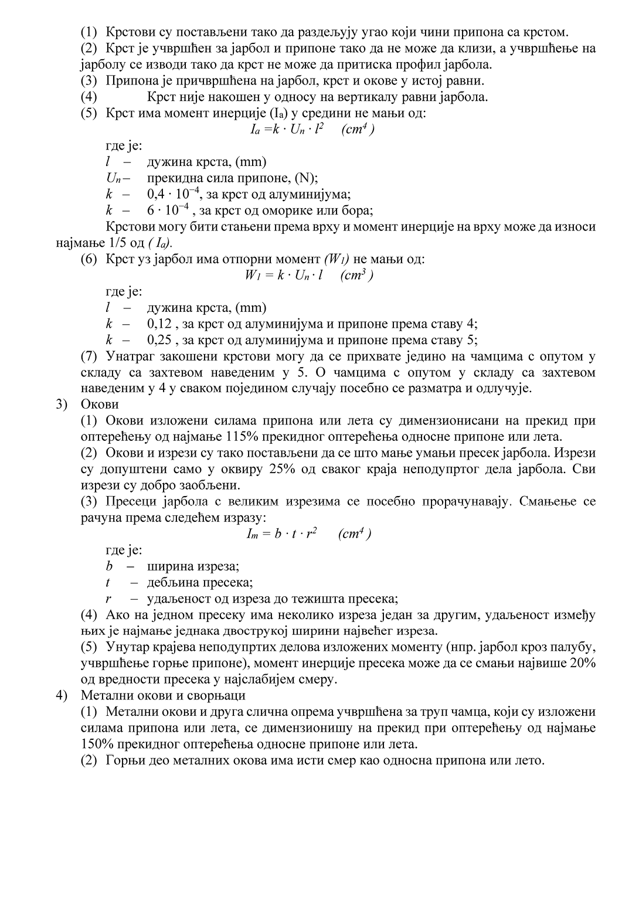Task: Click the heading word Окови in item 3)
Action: tap(100, 405)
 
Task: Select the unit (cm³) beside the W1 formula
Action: tap(356, 275)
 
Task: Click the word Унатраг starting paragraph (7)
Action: tap(132, 356)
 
